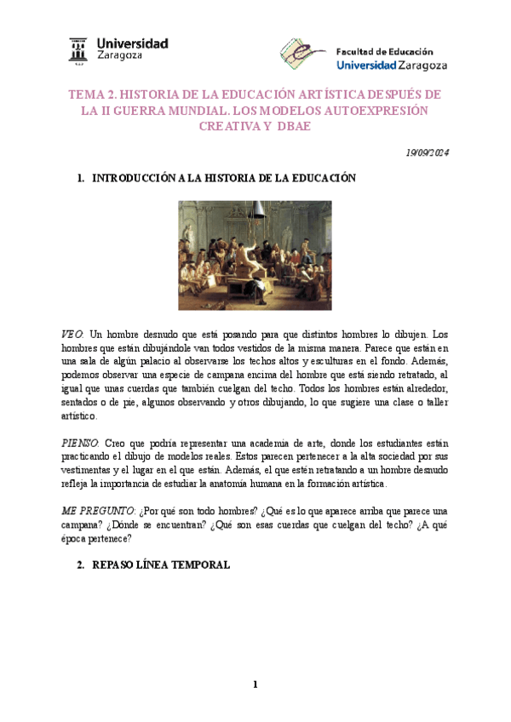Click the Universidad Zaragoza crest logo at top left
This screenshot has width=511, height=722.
[x=78, y=50]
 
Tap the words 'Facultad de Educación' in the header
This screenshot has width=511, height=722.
[x=384, y=51]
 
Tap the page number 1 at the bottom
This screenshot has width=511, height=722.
[x=255, y=685]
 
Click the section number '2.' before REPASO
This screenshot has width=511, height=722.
[x=81, y=564]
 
